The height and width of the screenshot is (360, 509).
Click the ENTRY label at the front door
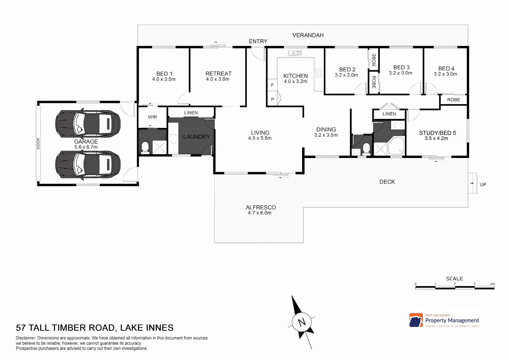click(x=258, y=41)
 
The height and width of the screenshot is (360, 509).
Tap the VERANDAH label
click(x=308, y=35)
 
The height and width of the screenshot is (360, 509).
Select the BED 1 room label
click(x=164, y=74)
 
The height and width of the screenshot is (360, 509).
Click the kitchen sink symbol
click(x=295, y=53)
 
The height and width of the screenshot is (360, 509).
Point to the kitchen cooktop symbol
click(x=319, y=73)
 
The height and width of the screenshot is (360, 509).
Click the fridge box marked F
click(x=272, y=85)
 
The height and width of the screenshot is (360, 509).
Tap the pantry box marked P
click(x=272, y=99)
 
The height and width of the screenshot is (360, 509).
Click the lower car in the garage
click(x=88, y=165)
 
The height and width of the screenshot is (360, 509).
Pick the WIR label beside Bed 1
click(x=152, y=117)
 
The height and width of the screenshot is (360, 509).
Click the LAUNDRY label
click(x=196, y=137)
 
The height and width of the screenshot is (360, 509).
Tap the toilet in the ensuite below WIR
click(x=145, y=147)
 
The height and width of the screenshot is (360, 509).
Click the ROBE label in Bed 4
click(x=453, y=100)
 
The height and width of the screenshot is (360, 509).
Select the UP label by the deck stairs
click(x=483, y=184)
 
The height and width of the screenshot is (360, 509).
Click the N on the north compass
click(x=302, y=322)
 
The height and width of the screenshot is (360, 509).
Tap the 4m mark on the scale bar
click(x=492, y=284)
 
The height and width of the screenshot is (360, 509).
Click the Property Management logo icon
click(x=416, y=320)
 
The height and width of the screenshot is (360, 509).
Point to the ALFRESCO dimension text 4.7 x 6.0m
click(x=259, y=213)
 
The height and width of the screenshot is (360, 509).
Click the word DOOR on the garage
click(x=38, y=143)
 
